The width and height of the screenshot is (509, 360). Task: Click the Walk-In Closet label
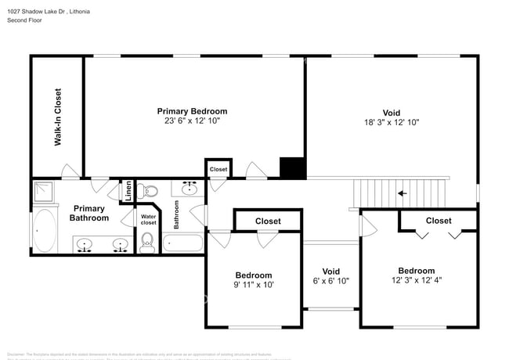(58, 117)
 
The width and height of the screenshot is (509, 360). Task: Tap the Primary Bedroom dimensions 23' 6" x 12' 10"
(192, 121)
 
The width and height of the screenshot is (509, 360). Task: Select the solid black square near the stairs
(293, 168)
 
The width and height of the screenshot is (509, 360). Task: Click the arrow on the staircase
(403, 193)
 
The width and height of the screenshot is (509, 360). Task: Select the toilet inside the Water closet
(147, 243)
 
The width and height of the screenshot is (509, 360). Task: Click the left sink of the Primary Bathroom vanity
(85, 245)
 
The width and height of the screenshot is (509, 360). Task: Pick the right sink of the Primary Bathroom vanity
(120, 245)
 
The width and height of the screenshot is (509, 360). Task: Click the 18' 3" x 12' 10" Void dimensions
(392, 123)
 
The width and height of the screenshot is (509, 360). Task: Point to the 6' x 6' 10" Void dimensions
(331, 281)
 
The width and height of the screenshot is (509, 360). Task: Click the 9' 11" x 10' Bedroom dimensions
(254, 285)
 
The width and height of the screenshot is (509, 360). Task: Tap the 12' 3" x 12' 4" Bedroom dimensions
(417, 280)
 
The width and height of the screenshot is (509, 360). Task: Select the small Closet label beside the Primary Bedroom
(218, 169)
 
